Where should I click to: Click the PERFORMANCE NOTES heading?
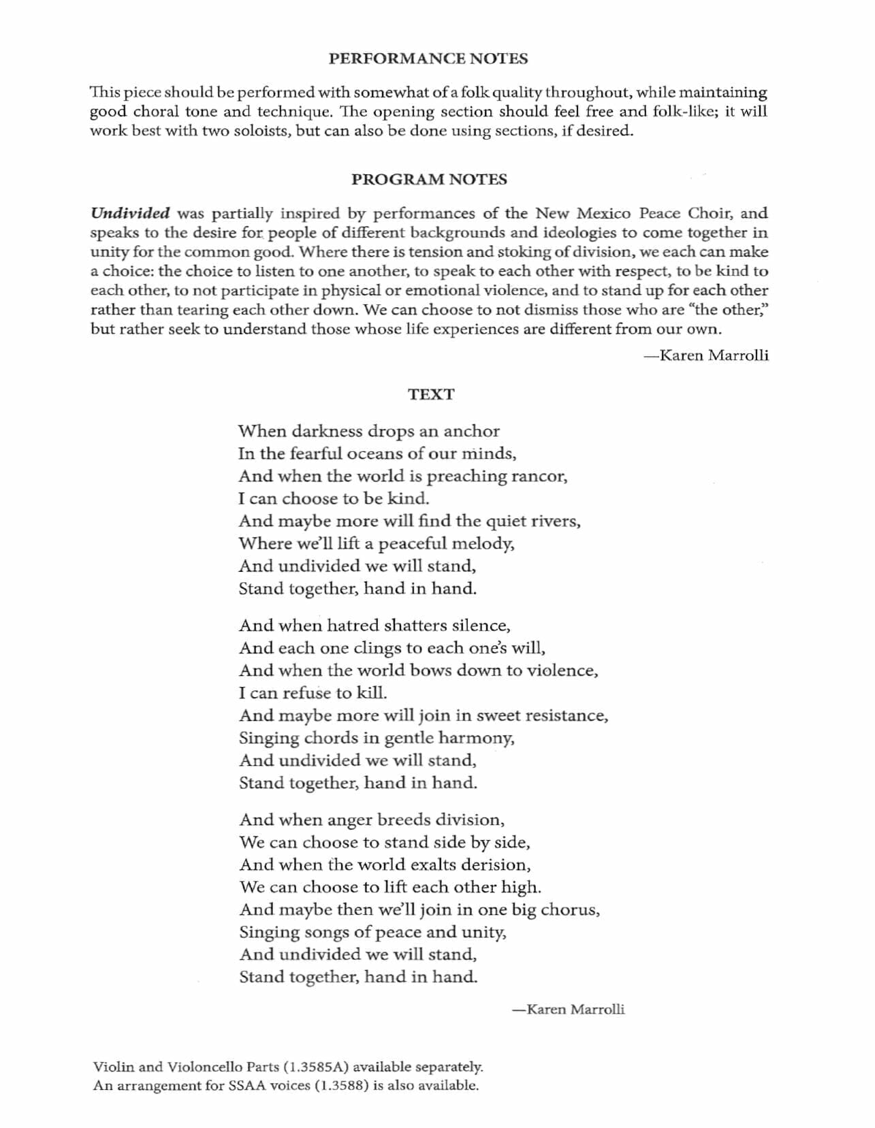pos(428,59)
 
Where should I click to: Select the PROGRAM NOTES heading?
pos(429,180)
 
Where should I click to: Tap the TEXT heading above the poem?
pos(431,394)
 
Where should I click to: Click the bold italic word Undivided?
pos(130,213)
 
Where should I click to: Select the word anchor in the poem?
pos(472,432)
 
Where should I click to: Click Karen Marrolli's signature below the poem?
pos(569,1010)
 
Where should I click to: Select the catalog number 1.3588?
pos(341,1085)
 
